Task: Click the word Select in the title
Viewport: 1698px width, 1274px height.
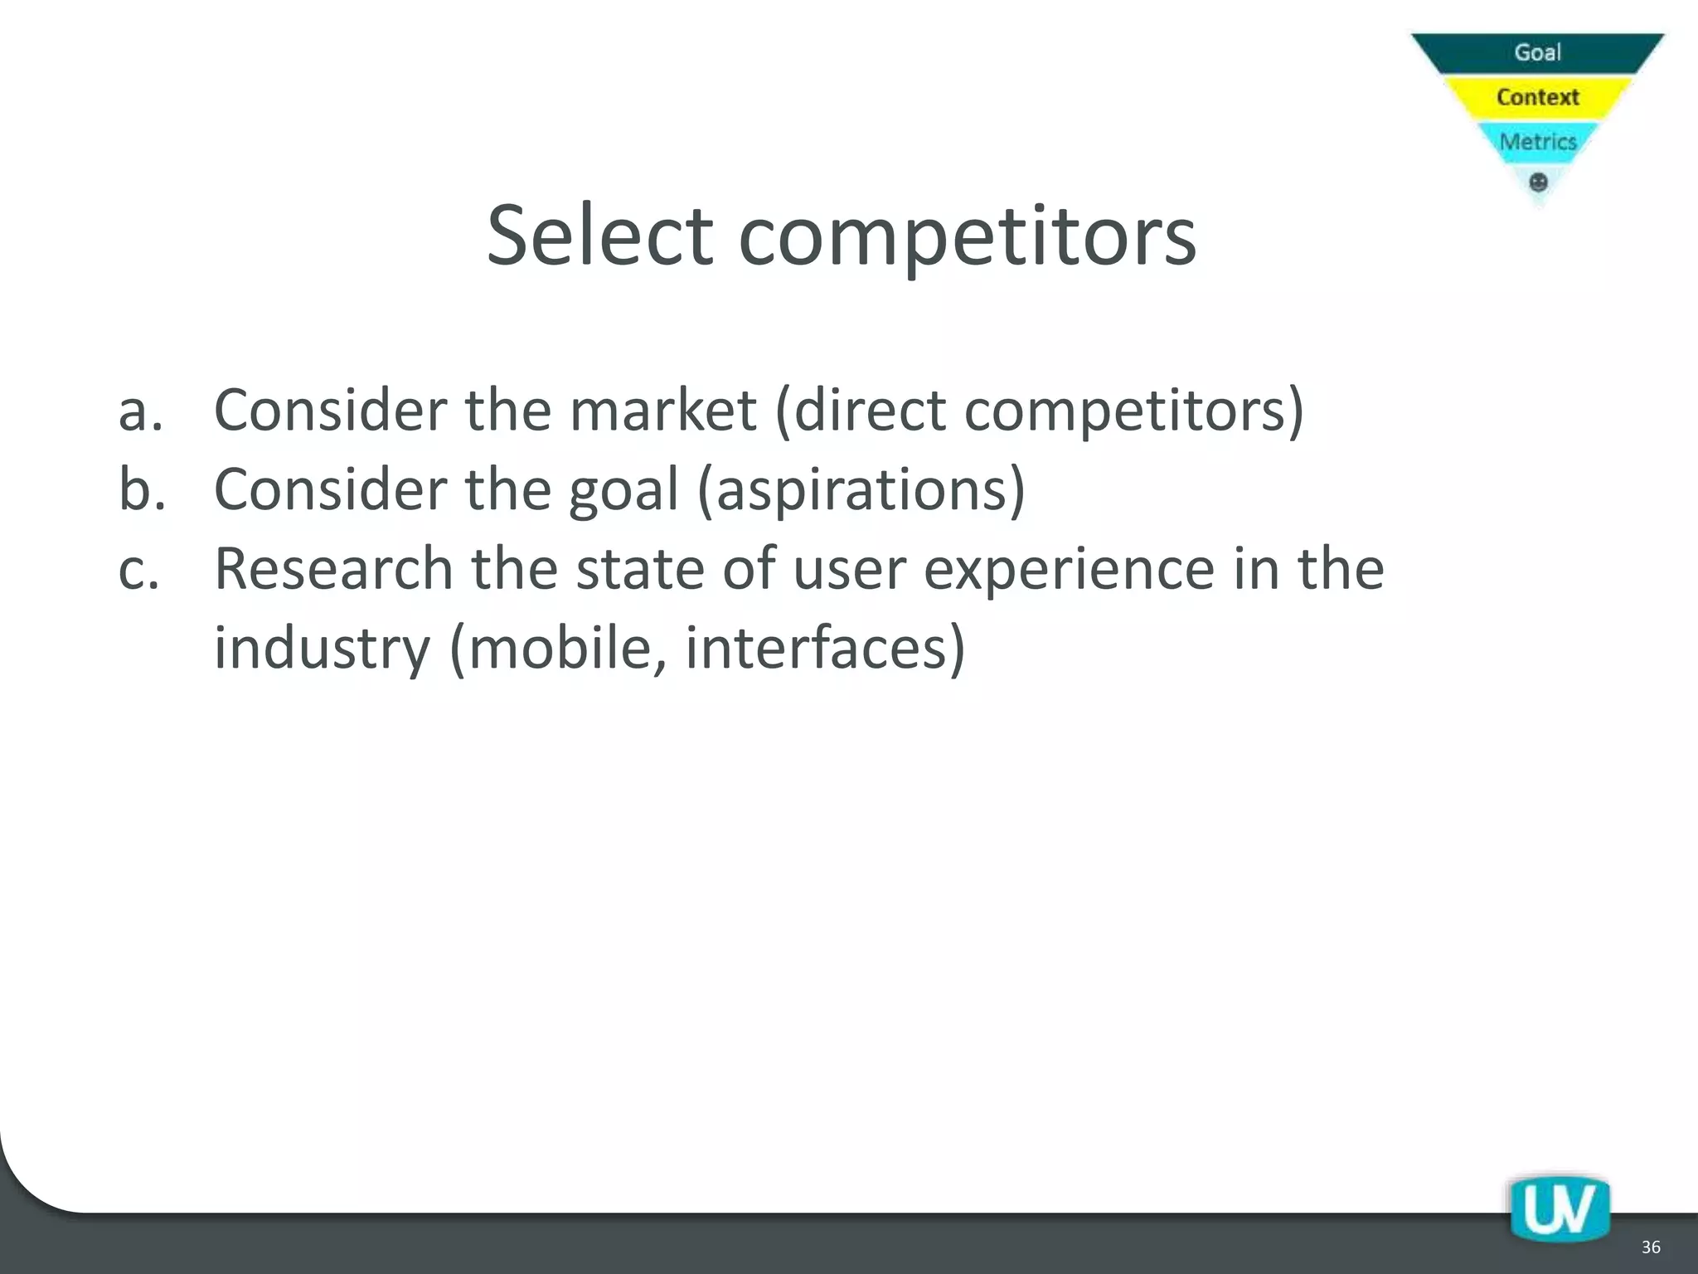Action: tap(599, 236)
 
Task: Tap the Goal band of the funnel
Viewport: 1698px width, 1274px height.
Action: tap(1537, 52)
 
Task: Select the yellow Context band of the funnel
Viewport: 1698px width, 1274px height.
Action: tap(1537, 97)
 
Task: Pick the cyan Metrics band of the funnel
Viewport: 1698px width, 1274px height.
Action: tap(1537, 142)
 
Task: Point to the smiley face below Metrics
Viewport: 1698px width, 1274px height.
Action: tap(1538, 182)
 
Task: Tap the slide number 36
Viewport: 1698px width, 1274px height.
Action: tap(1650, 1247)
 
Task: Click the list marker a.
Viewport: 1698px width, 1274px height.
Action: tap(140, 411)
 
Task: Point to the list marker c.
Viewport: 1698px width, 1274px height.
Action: tap(138, 570)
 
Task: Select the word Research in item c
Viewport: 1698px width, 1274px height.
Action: tap(333, 569)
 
